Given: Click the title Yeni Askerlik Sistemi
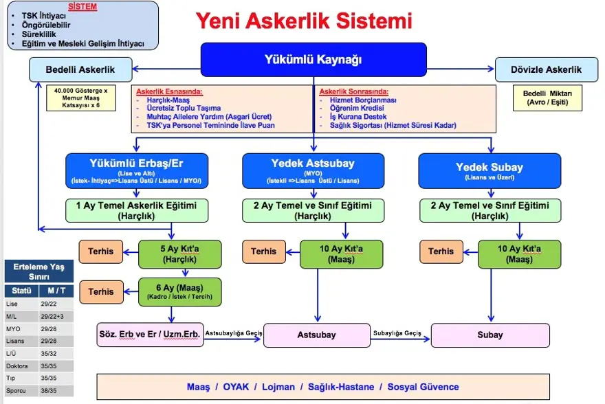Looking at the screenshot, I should click(x=304, y=21).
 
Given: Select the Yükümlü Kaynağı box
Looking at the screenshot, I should click(x=313, y=60).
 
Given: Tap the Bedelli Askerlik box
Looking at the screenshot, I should click(x=80, y=69).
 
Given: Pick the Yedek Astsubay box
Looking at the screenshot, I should click(x=313, y=170).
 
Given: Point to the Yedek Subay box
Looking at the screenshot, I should click(x=489, y=170).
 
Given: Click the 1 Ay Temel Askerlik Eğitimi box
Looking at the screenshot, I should click(x=136, y=210).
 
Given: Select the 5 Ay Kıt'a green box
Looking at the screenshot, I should click(x=170, y=254).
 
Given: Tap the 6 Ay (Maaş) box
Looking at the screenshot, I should click(x=170, y=291).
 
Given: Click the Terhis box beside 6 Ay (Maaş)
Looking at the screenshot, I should click(x=101, y=291).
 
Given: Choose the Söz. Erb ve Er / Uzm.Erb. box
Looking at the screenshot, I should click(x=149, y=335).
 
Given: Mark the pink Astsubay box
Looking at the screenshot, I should click(x=316, y=335).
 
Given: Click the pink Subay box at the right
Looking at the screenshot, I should click(x=489, y=335).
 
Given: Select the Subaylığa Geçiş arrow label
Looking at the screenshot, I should click(x=397, y=333).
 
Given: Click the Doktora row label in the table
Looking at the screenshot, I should click(x=18, y=366).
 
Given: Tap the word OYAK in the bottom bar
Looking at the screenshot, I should click(x=236, y=387).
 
